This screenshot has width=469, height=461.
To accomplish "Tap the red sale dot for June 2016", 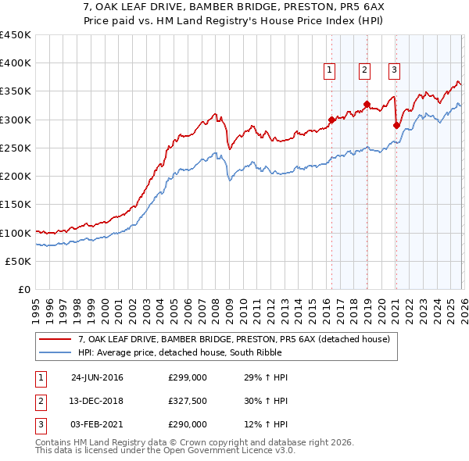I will pos(331,120).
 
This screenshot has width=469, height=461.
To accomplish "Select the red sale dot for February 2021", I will pos(396,125).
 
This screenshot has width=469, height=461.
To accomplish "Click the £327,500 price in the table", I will pos(188,401).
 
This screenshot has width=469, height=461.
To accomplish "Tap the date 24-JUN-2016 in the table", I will pos(97,377).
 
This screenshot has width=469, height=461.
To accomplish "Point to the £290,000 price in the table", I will pos(188,424).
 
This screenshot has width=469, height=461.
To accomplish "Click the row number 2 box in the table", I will pos(40,401).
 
